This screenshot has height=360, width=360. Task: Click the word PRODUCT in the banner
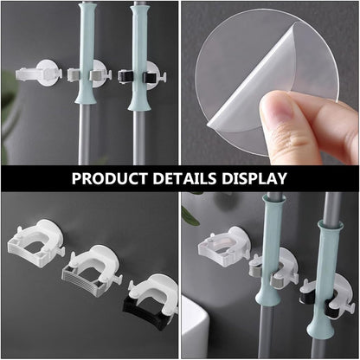[x=109, y=178]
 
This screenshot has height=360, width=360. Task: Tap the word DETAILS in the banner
[x=184, y=178]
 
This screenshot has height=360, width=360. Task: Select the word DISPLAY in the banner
[x=254, y=178]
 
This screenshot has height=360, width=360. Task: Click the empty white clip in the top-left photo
[x=39, y=73]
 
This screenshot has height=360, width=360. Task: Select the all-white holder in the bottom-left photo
[x=35, y=243]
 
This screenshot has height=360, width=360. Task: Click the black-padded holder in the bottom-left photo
[x=150, y=298]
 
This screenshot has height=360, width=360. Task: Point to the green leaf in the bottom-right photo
[x=190, y=215]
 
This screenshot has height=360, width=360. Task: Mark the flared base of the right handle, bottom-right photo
[x=319, y=328]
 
